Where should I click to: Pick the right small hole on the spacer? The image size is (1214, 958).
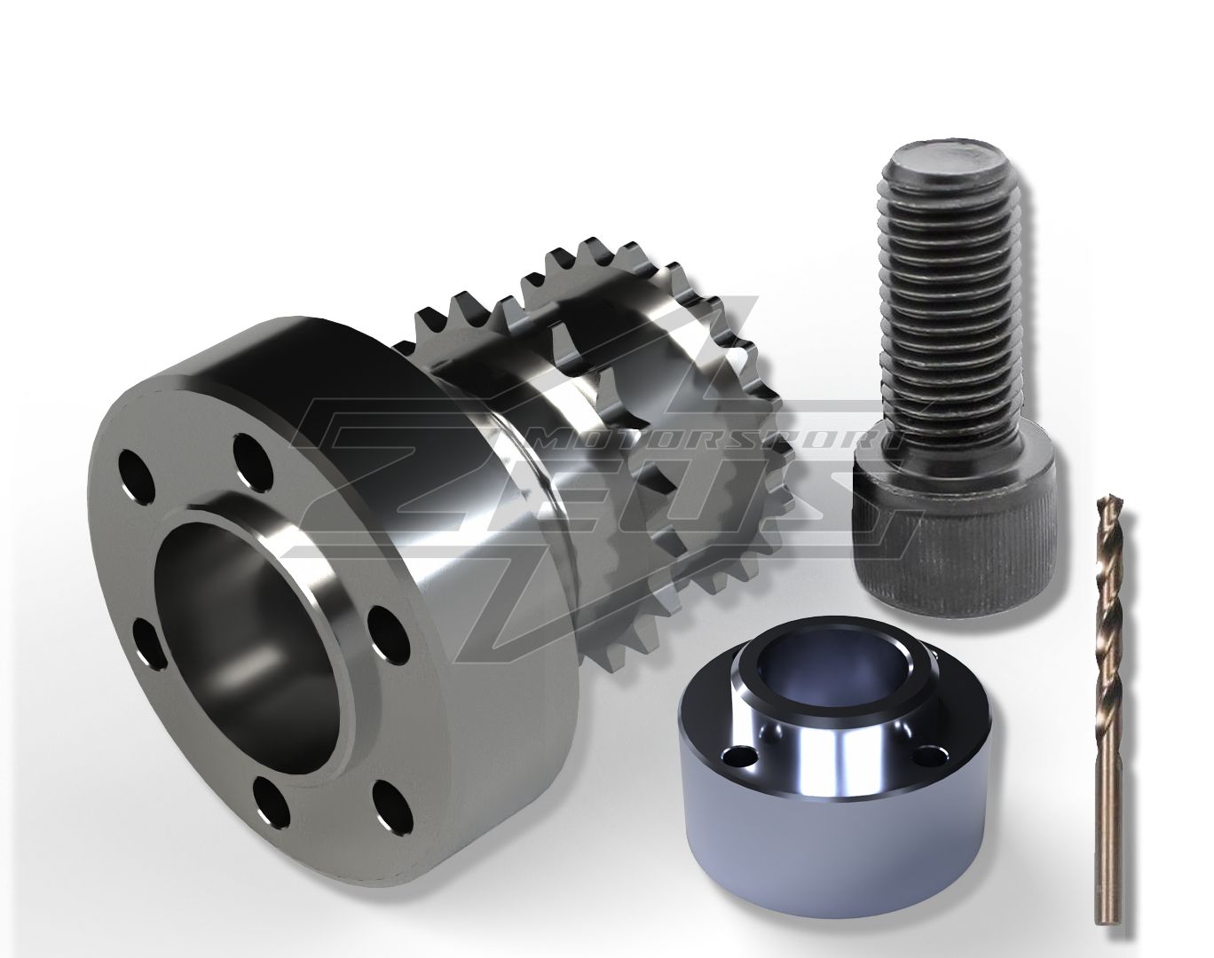tap(931, 756)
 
